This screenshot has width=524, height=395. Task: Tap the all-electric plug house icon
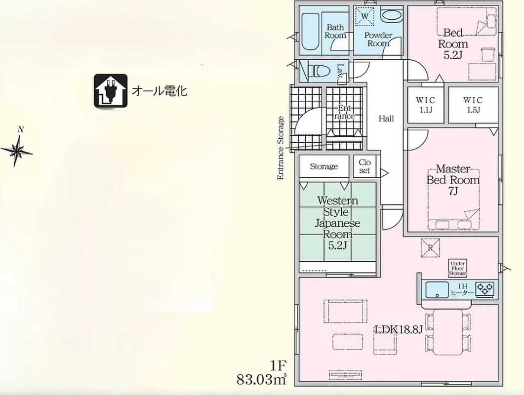tap(111, 91)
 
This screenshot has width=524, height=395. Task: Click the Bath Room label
tap(335, 32)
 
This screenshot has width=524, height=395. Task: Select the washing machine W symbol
tap(365, 16)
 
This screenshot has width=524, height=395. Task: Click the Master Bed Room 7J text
tap(452, 180)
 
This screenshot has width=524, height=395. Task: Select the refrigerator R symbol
tap(430, 248)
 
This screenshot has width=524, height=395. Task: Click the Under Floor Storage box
tap(457, 268)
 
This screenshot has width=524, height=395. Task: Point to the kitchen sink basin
tap(437, 289)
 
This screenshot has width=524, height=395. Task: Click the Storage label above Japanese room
tap(323, 166)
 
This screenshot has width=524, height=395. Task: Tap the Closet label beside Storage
tap(364, 166)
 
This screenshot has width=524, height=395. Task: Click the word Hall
tap(386, 118)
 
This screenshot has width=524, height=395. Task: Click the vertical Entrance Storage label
tap(281, 148)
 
